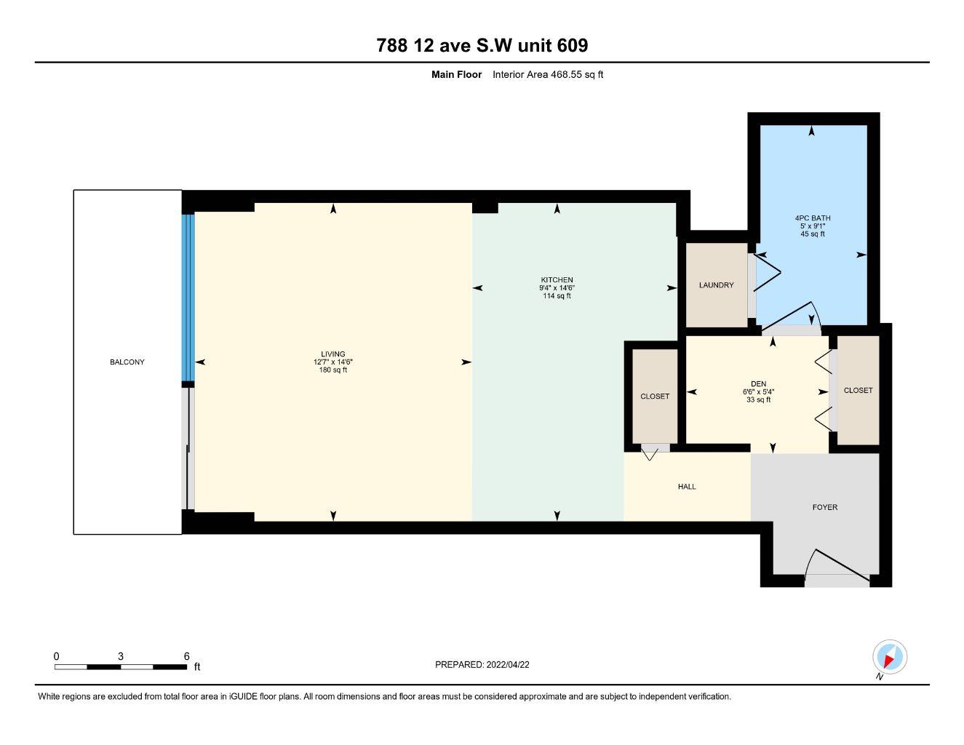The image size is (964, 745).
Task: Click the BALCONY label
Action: (x=127, y=362)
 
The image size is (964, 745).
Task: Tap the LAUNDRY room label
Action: (x=716, y=285)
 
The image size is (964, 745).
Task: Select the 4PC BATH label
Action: (x=812, y=218)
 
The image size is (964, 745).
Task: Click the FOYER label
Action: (x=825, y=507)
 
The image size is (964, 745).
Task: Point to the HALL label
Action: (x=687, y=487)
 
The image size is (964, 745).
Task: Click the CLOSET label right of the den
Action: (x=858, y=391)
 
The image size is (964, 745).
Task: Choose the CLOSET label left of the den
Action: (x=655, y=397)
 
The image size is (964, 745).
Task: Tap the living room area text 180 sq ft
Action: (x=333, y=370)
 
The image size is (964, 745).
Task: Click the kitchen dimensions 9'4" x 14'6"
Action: (x=557, y=288)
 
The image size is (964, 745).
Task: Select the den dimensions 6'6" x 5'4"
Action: (x=758, y=392)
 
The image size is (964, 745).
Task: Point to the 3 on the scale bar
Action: (x=121, y=656)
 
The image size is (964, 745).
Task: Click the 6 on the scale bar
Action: (x=186, y=656)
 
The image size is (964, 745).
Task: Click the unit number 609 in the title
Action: (x=572, y=46)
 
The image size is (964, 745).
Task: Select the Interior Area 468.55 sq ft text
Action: (x=548, y=74)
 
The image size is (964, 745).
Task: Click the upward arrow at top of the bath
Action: (x=812, y=132)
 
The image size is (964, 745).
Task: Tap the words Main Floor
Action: (x=456, y=74)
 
